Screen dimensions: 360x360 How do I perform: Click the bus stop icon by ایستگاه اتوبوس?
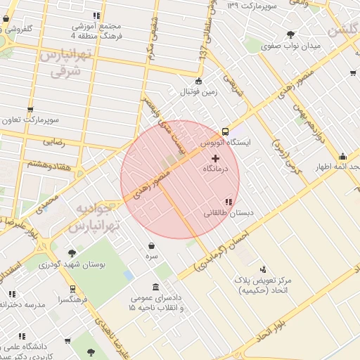coord(225,131)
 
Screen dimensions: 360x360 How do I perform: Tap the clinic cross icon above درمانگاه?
coord(214,159)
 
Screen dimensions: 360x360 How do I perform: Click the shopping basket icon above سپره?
coord(152,245)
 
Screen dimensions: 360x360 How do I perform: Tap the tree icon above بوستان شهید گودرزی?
coord(72,252)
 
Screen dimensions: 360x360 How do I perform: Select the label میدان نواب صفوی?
coord(290,46)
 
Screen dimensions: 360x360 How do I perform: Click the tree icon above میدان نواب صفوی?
coord(290,34)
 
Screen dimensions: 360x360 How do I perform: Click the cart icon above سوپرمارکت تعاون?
coord(30,109)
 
